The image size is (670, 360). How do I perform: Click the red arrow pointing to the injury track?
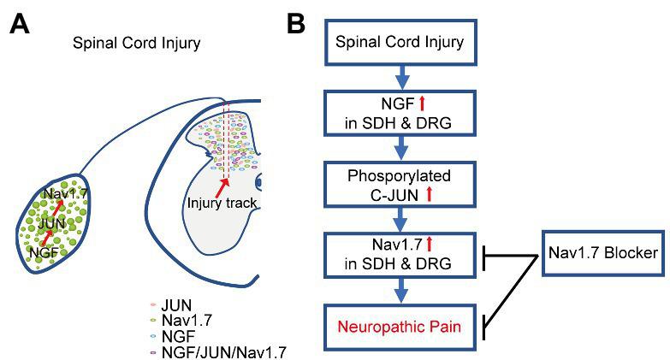[x=225, y=186]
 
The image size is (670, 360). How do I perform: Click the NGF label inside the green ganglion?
[x=44, y=252]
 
